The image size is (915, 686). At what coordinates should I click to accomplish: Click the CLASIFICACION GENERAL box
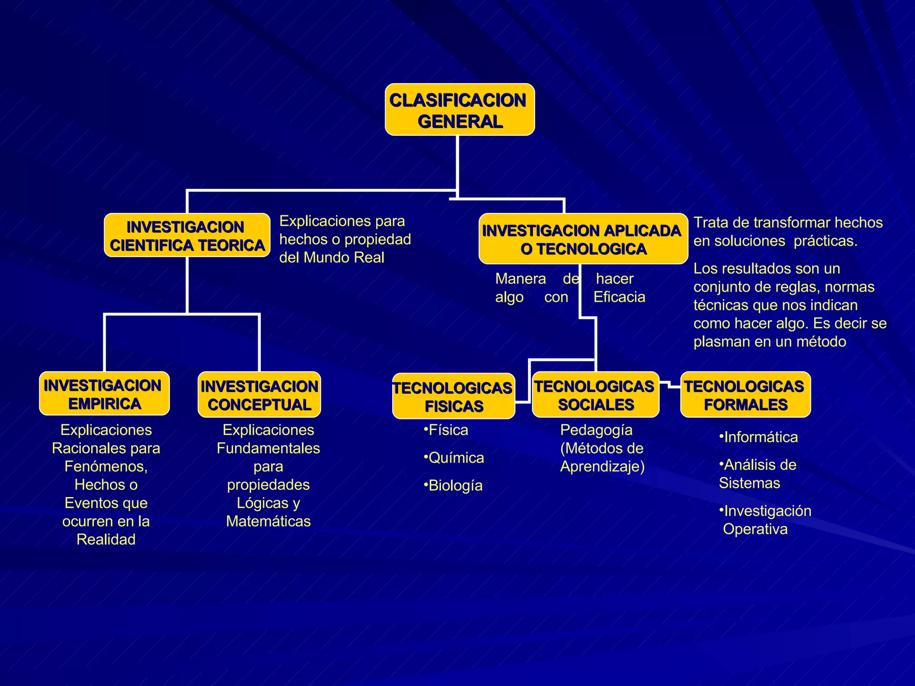point(459,109)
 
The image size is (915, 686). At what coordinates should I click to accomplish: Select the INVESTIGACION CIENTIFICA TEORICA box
point(187,235)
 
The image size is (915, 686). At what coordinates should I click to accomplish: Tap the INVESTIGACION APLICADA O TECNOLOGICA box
point(583,239)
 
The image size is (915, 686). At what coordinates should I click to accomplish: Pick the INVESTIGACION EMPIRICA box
point(104,393)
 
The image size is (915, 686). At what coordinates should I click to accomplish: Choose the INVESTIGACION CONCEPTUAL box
point(259,395)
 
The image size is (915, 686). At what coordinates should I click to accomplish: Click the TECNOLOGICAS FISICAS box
point(453,396)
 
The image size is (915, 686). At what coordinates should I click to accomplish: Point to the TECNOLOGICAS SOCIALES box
point(595,395)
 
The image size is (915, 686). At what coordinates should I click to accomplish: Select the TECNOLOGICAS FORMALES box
point(745,395)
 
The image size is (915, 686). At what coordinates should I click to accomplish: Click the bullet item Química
point(455,458)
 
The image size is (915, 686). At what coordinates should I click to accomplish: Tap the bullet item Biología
point(454,485)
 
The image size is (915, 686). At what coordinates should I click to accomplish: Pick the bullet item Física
point(447,430)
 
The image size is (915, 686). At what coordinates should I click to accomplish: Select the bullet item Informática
point(760,437)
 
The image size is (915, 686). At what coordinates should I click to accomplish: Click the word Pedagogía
point(596,430)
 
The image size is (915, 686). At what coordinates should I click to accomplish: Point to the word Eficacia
point(619,297)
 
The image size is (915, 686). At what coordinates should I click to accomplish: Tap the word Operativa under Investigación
point(755,529)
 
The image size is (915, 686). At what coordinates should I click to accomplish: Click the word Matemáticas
point(268,521)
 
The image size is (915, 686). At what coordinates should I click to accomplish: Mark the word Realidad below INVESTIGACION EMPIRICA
point(106,540)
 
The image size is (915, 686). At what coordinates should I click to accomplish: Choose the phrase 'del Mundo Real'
point(332,258)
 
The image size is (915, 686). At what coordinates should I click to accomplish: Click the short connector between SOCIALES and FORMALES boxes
point(670,385)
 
